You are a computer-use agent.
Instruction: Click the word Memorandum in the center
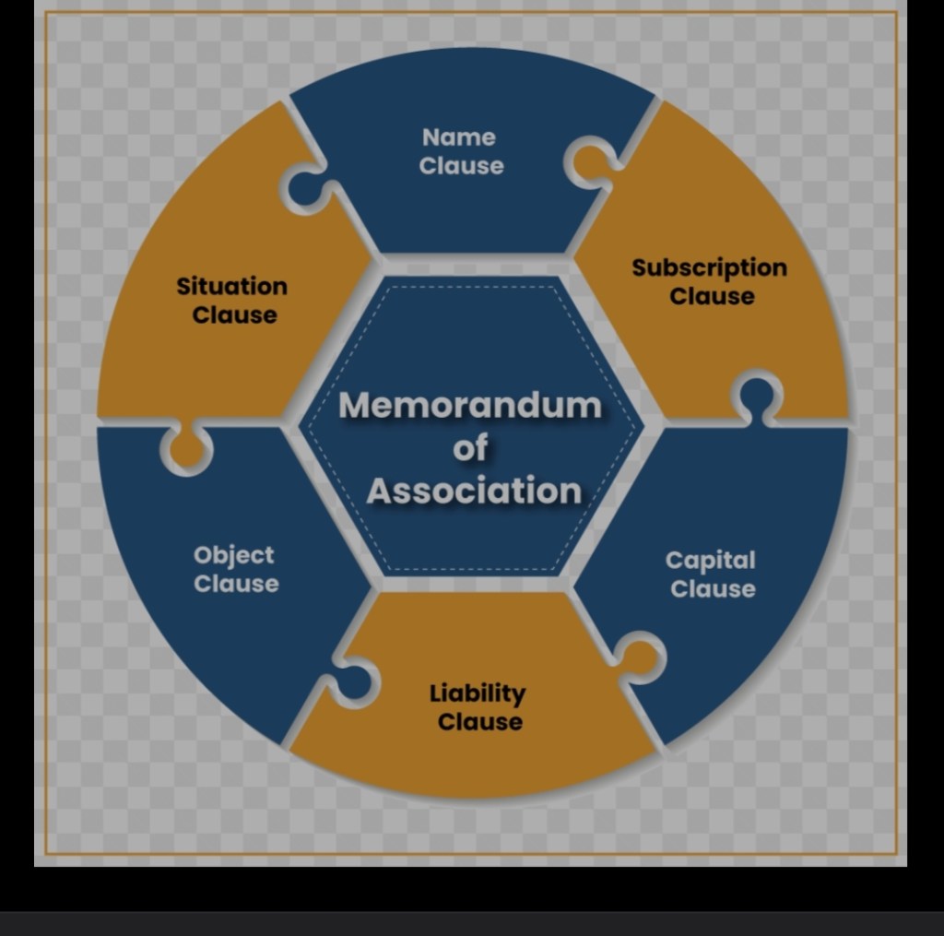click(x=470, y=406)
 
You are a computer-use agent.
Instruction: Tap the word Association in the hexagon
click(x=474, y=491)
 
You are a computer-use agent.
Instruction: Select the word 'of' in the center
click(x=470, y=449)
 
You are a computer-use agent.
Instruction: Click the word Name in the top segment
click(x=459, y=137)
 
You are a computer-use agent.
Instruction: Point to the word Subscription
click(x=709, y=267)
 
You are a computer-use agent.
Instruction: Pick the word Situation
click(x=232, y=286)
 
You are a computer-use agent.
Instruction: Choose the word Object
click(x=234, y=555)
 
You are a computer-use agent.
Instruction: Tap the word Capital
click(x=710, y=560)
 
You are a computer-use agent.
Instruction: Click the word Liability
click(x=478, y=693)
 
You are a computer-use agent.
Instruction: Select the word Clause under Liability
click(x=479, y=721)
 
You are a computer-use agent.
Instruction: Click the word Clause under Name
click(x=461, y=166)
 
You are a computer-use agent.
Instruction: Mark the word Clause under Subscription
click(x=712, y=296)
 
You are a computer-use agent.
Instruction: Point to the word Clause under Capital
click(x=713, y=588)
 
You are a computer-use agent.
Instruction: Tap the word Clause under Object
click(x=236, y=584)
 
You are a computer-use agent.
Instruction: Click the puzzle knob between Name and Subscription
click(x=588, y=163)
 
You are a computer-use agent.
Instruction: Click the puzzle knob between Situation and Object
click(x=187, y=450)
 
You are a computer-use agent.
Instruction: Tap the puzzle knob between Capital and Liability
click(x=640, y=658)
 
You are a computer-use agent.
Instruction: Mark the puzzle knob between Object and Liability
click(x=353, y=682)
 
